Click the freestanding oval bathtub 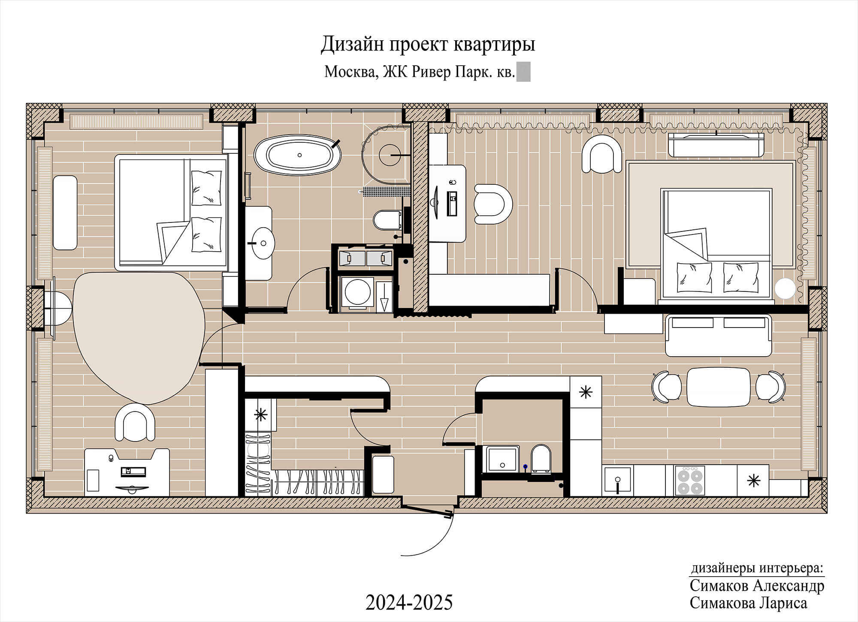297,155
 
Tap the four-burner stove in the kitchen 690,481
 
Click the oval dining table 719,387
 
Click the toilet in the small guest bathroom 541,459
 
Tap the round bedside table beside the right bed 787,289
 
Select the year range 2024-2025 409,602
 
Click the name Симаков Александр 757,586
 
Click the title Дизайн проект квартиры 428,44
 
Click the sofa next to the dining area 719,335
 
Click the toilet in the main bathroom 387,220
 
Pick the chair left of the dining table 666,387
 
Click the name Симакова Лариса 748,603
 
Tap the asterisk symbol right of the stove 753,481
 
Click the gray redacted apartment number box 523,72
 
